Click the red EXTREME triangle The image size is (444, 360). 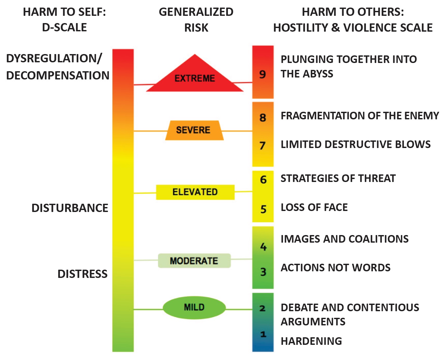click(195, 77)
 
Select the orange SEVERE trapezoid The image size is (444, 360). click(194, 130)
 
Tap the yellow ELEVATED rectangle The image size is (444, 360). click(195, 192)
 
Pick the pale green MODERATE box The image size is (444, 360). click(194, 261)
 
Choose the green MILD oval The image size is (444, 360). click(194, 307)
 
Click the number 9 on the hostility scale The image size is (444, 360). click(263, 74)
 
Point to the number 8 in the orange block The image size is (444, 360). click(263, 117)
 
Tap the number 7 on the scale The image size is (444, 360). click(263, 145)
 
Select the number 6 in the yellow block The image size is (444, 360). click(263, 180)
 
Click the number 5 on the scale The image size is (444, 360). click(263, 209)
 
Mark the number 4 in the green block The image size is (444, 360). click(263, 247)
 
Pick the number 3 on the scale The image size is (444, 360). click(263, 272)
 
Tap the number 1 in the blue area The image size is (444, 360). click(263, 334)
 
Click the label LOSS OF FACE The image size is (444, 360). click(314, 207)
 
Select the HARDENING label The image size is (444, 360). click(311, 341)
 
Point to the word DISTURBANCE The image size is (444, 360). click(70, 208)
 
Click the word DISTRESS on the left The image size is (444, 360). click(82, 274)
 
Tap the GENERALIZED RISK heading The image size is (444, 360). click(196, 20)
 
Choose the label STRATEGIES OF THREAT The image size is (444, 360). click(338, 178)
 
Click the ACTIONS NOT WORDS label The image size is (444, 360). click(335, 268)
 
